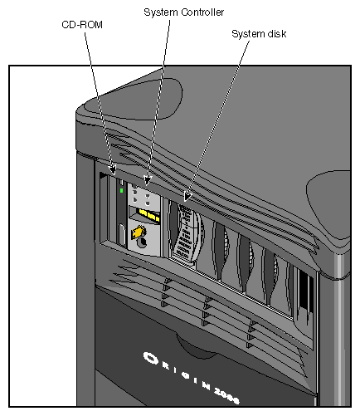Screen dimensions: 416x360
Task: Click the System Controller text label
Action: pyautogui.click(x=183, y=12)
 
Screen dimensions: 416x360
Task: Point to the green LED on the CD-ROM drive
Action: pyautogui.click(x=121, y=191)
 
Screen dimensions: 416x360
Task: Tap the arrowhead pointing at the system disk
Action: pyautogui.click(x=187, y=198)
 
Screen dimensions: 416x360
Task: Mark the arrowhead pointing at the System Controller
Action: pyautogui.click(x=148, y=179)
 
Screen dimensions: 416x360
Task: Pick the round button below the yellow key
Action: pyautogui.click(x=141, y=244)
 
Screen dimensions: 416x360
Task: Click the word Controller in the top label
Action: pyautogui.click(x=203, y=12)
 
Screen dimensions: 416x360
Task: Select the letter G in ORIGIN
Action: pyautogui.click(x=189, y=376)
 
